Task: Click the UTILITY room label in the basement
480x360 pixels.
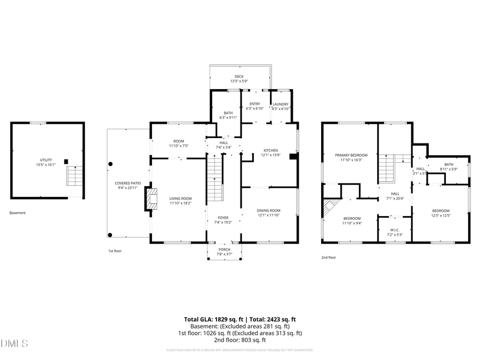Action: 46,160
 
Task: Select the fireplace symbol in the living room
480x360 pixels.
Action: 152,199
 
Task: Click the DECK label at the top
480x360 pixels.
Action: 239,76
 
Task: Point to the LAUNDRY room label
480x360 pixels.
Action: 281,105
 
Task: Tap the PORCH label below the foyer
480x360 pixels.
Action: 225,249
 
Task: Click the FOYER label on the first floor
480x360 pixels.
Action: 223,218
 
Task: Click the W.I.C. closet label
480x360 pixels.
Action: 395,230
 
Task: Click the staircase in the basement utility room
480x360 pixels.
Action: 75,175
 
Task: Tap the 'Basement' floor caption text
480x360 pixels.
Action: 18,213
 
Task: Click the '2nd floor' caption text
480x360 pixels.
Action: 329,257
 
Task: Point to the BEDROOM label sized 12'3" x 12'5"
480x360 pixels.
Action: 441,210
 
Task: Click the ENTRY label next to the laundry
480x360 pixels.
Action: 255,104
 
